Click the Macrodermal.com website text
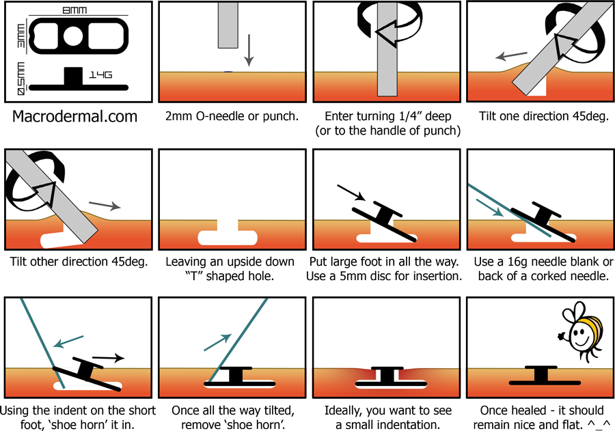click(x=74, y=117)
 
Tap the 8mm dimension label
click(x=74, y=10)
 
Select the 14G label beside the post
click(x=100, y=74)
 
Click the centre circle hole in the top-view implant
click(x=73, y=36)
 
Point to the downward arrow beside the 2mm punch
click(x=249, y=50)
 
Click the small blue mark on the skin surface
click(x=228, y=72)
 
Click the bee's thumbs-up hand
click(x=561, y=336)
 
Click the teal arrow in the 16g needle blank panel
click(x=489, y=208)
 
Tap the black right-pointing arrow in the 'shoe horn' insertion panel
click(x=108, y=358)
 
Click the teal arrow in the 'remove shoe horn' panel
click(x=218, y=342)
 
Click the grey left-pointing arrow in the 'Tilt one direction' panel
click(x=511, y=56)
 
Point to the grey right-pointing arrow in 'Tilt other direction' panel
click(x=105, y=205)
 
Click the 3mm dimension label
click(x=20, y=36)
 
